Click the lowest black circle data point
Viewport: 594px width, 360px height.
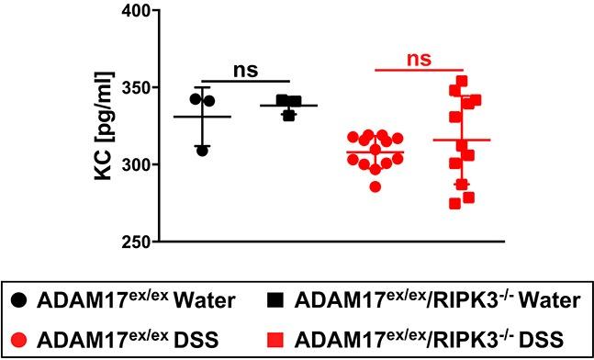click(202, 150)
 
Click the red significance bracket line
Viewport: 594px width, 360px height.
click(419, 70)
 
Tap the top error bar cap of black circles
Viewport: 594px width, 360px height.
click(202, 88)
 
